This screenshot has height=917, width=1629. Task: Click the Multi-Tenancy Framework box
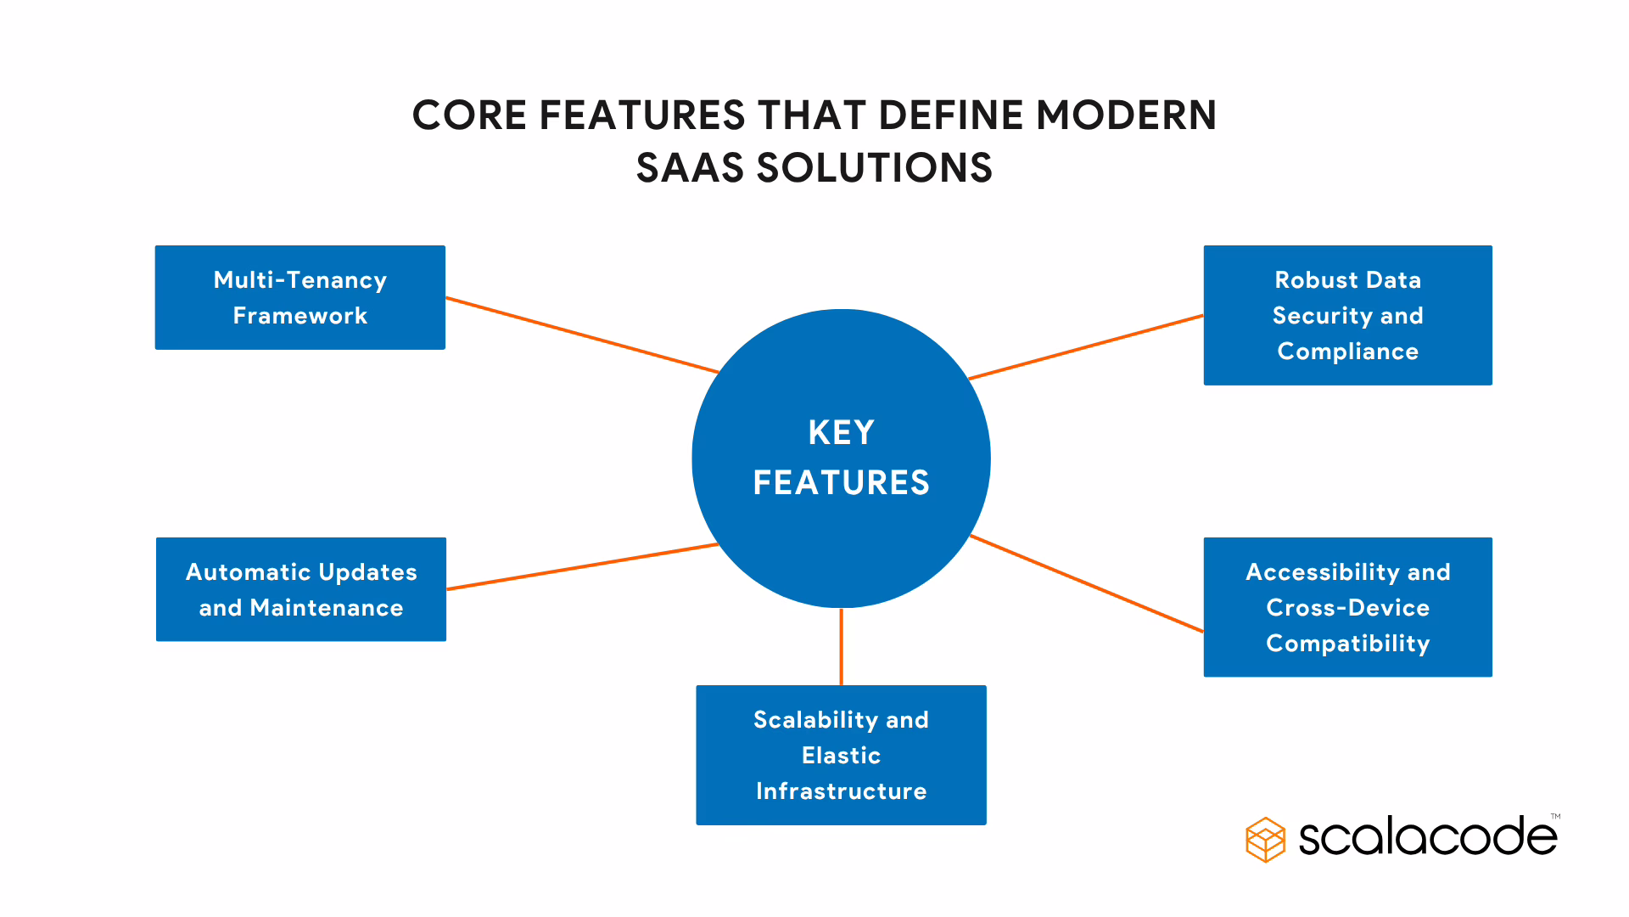pos(299,297)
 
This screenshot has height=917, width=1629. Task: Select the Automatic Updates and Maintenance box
pos(300,589)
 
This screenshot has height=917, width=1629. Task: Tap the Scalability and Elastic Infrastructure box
pos(841,755)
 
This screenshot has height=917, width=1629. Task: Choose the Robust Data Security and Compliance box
pos(1347,315)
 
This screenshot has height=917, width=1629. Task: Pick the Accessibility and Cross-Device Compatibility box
pos(1347,607)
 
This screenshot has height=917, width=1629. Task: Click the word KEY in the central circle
pos(841,433)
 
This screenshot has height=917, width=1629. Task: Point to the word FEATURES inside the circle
pos(841,483)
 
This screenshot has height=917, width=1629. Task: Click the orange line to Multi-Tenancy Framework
pos(582,335)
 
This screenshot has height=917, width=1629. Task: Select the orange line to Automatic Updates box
pos(582,566)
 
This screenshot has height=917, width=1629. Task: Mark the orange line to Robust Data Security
pos(1086,346)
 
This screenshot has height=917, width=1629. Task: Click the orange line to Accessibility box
pos(1086,583)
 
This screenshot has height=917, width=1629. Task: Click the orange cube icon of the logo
pos(1265,840)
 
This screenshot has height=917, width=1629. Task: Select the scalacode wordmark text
pos(1427,838)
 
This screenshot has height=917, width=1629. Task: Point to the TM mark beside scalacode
pos(1555,817)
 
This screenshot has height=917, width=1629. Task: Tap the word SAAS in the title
pos(690,168)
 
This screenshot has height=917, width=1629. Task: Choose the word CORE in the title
pos(469,115)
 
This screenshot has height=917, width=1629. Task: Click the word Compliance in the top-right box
pos(1347,352)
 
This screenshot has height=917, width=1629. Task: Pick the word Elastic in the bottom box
pos(841,756)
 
